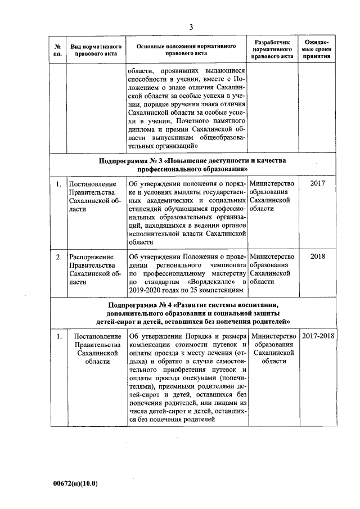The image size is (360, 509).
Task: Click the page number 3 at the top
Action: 191,27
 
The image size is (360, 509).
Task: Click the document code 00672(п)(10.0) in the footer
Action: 75,483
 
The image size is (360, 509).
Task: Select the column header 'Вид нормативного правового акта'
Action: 93,49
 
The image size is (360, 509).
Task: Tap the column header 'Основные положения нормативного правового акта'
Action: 186,49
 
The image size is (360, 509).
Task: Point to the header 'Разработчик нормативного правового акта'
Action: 272,49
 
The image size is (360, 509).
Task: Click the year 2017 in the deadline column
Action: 317,183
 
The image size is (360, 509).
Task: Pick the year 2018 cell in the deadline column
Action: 317,256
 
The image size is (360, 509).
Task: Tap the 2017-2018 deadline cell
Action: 317,336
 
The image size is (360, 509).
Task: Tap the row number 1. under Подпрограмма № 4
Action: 58,336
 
